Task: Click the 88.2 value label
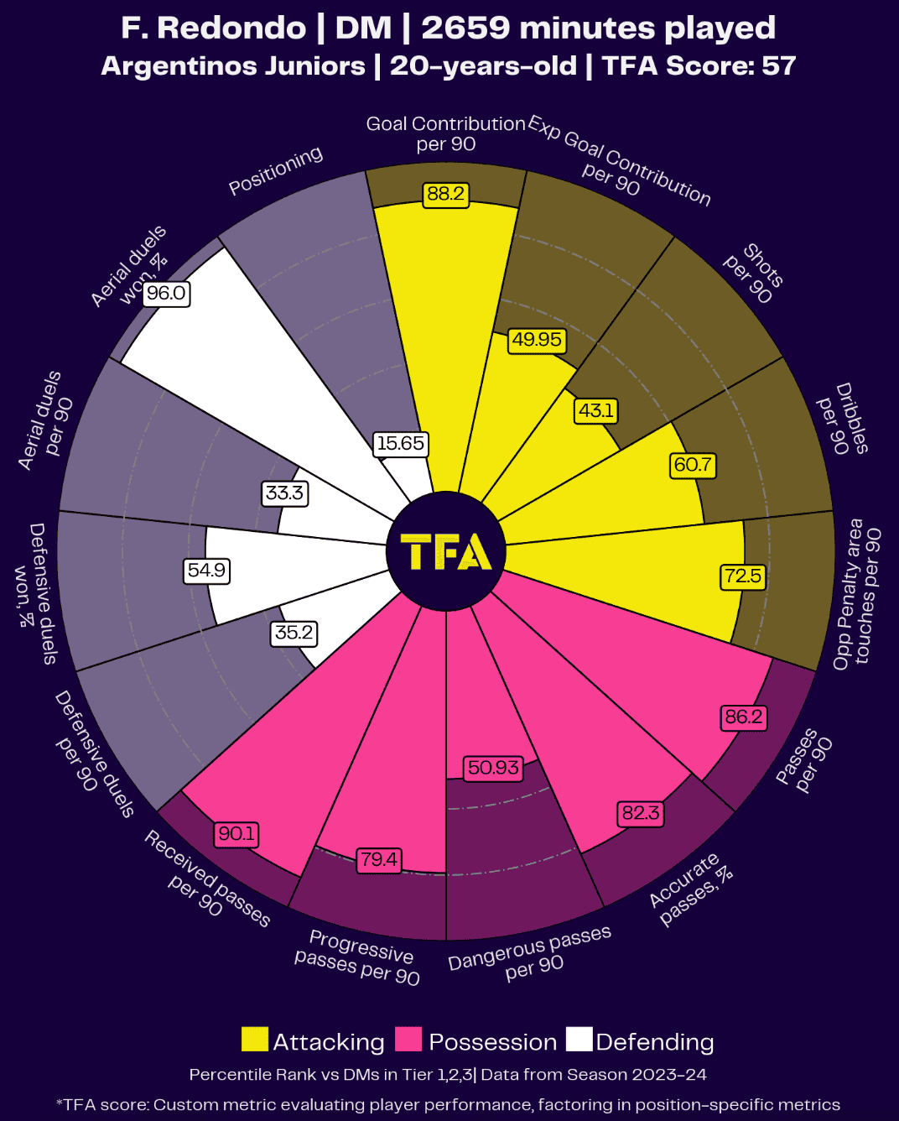[445, 194]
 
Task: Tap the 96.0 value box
[165, 294]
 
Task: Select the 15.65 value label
[400, 444]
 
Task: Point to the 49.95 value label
[537, 340]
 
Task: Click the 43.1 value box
[596, 410]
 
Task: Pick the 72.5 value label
[743, 576]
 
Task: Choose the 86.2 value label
[744, 717]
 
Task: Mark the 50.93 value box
[493, 768]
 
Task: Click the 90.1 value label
[236, 834]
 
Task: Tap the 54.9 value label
[206, 571]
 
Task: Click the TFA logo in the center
[446, 552]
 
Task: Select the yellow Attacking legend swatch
[255, 1040]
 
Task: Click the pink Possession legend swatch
[408, 1040]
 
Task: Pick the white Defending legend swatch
[579, 1040]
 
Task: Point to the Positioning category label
[276, 170]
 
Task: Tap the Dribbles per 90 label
[844, 420]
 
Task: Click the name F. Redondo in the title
[213, 28]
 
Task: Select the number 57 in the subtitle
[778, 65]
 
